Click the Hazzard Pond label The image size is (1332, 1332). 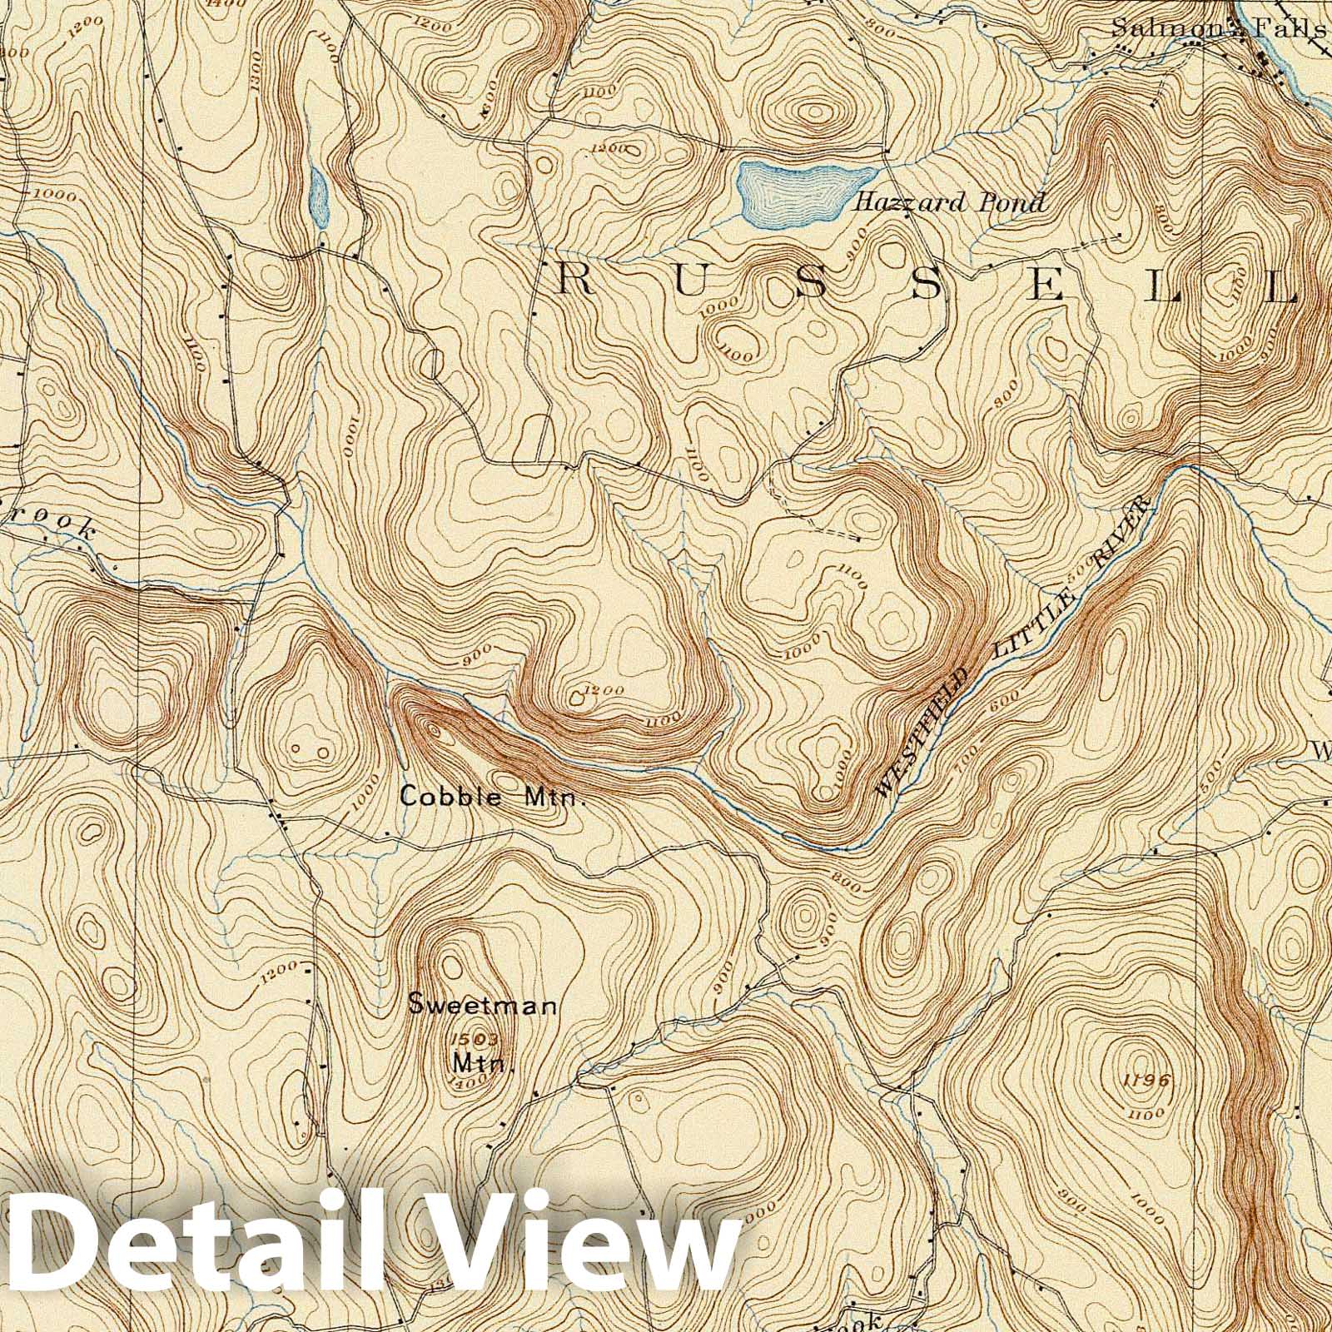pyautogui.click(x=950, y=201)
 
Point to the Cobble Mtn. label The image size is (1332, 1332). pyautogui.click(x=494, y=797)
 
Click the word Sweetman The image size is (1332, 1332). pyautogui.click(x=482, y=1006)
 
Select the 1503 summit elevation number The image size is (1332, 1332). pyautogui.click(x=473, y=1039)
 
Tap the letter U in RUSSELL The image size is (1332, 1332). pyautogui.click(x=690, y=283)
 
